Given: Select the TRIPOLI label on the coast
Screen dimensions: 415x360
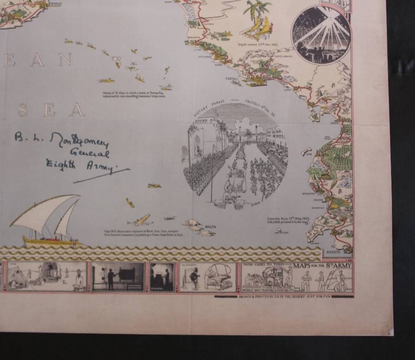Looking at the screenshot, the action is [x=231, y=79].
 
